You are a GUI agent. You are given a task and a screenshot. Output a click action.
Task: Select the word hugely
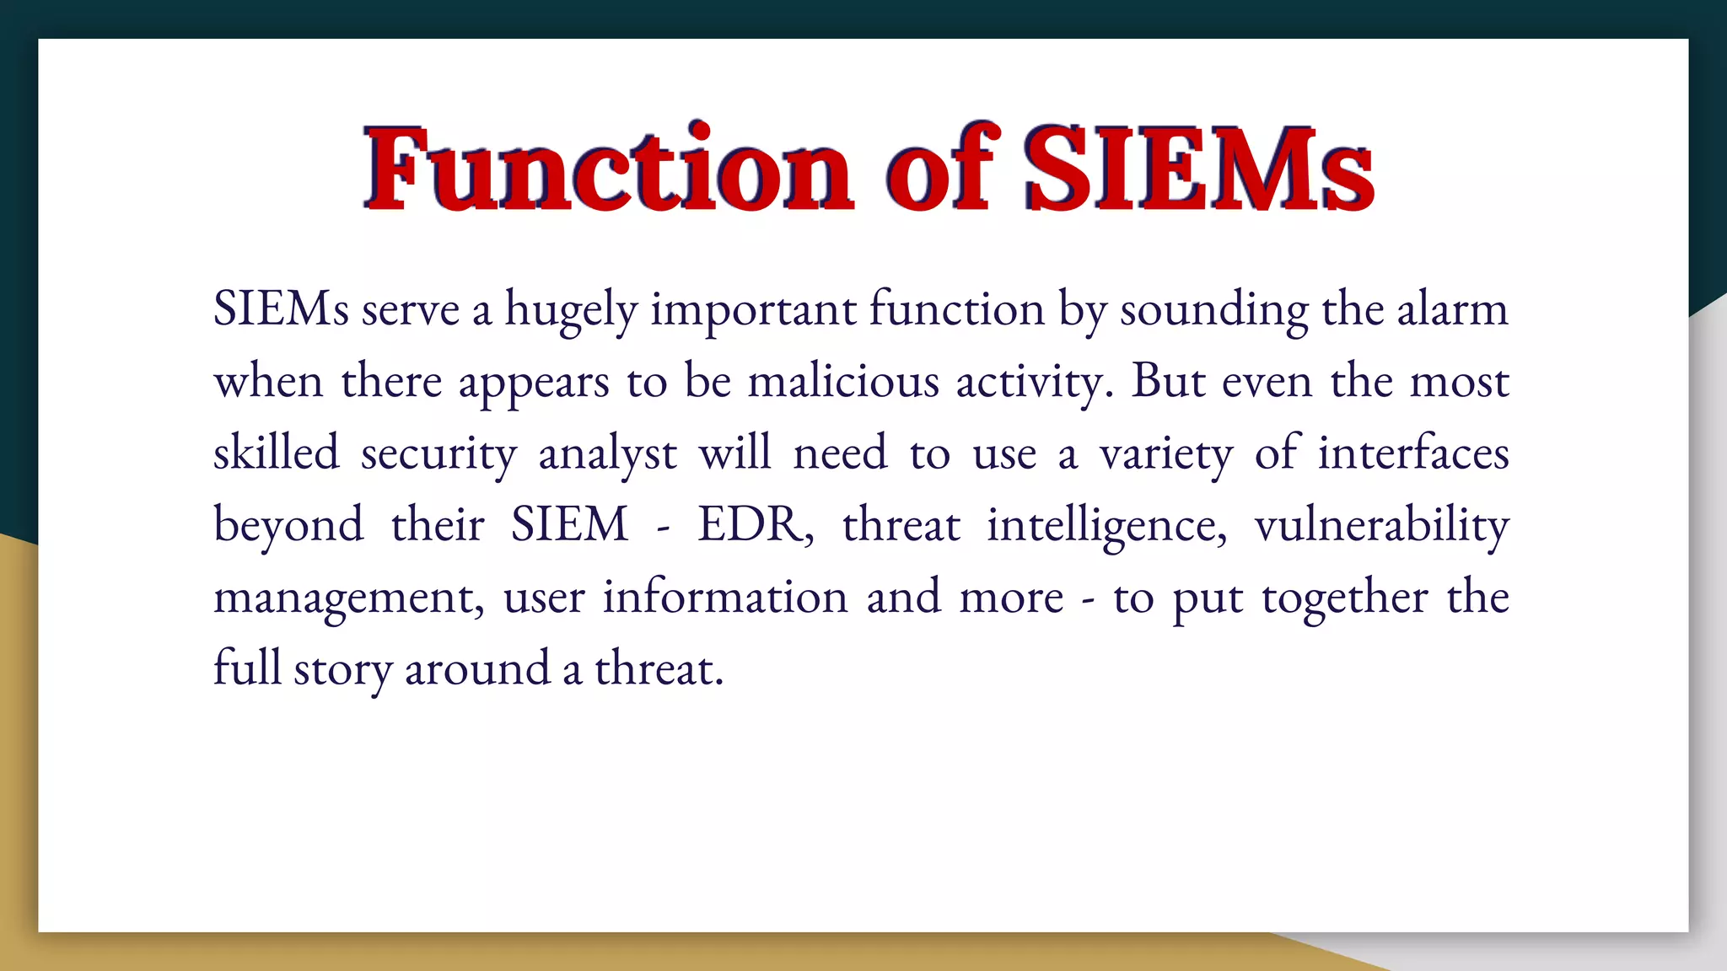pos(571,310)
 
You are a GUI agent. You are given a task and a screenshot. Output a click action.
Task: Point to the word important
pos(753,310)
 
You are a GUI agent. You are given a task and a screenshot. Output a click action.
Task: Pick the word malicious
pos(843,381)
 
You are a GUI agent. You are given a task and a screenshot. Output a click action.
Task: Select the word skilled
pos(276,453)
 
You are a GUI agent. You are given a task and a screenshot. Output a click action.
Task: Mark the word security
pos(438,454)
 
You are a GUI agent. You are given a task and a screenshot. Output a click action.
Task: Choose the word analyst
pos(607,454)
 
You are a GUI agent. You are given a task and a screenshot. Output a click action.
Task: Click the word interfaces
pos(1413,453)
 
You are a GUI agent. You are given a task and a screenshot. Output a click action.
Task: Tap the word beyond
pos(288,526)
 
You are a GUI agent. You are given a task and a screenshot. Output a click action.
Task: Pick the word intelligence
pos(1106,526)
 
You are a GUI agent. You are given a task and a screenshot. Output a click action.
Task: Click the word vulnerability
pos(1381,526)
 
